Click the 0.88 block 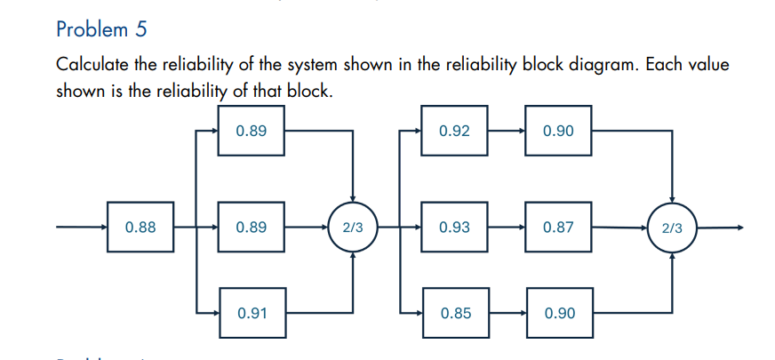[140, 227]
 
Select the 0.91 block [252, 312]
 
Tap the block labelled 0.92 [455, 131]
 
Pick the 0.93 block [455, 227]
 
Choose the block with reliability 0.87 [558, 227]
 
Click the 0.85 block [455, 312]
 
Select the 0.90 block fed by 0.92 [558, 131]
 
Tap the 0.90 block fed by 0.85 [558, 312]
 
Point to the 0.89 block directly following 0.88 [252, 227]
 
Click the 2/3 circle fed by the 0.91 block [353, 228]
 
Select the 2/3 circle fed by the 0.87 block [672, 228]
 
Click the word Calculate [92, 66]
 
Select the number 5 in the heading [141, 29]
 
